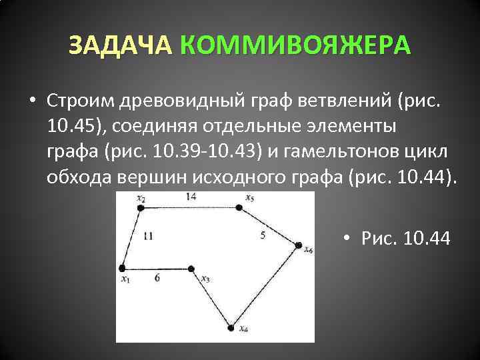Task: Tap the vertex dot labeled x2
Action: click(141, 208)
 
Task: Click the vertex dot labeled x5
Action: click(239, 208)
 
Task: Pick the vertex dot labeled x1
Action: click(123, 268)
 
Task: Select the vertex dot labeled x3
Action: click(191, 269)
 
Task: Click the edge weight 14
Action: click(191, 197)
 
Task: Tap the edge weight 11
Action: click(147, 235)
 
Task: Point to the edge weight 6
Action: click(157, 278)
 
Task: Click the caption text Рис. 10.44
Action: click(405, 238)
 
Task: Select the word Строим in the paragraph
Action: click(81, 101)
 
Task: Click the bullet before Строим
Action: click(32, 101)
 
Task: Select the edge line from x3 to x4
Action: click(212, 298)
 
